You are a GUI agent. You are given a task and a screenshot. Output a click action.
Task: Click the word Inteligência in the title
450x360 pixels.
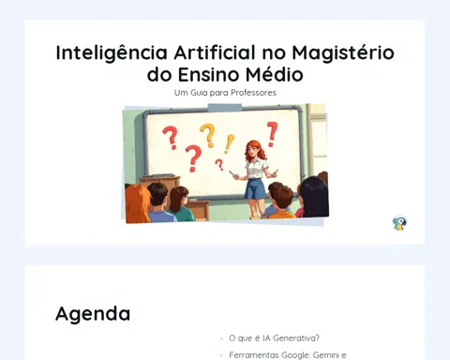[x=112, y=52]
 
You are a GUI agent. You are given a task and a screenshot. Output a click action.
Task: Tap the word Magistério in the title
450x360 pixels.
[x=343, y=52]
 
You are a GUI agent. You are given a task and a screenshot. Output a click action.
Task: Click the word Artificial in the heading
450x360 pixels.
[x=215, y=52]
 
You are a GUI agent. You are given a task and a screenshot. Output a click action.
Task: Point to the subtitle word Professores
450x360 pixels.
[x=253, y=93]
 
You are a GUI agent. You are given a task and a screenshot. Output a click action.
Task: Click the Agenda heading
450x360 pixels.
[x=93, y=314]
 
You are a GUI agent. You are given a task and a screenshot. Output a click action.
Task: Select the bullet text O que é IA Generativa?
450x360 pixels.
[x=274, y=338]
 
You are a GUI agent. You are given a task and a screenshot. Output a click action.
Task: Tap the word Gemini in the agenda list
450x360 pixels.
[x=326, y=355]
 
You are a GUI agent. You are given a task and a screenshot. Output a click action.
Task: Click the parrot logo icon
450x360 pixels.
[x=399, y=223]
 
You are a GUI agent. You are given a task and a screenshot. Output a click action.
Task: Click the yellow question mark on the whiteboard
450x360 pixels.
[x=208, y=135]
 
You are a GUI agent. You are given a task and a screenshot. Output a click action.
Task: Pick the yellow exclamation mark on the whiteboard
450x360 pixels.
[x=230, y=143]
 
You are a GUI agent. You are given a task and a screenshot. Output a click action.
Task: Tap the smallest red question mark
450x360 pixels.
[x=219, y=164]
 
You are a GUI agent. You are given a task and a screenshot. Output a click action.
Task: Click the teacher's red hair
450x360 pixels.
[x=255, y=150]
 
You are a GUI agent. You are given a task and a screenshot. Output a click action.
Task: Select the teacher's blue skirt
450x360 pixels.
[x=255, y=188]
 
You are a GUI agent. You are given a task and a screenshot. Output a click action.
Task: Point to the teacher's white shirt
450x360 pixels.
[x=257, y=169]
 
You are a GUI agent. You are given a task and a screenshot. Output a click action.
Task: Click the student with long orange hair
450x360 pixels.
[x=137, y=203]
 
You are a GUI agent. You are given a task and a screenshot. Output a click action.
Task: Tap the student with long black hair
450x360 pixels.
[x=314, y=196]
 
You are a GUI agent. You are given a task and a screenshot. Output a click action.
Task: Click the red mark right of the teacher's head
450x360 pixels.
[x=272, y=134]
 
